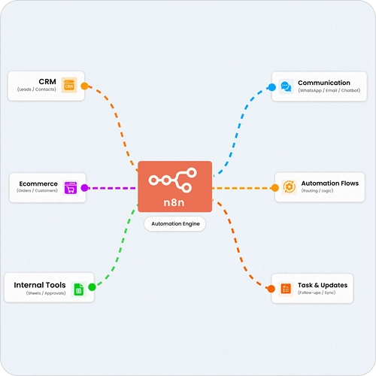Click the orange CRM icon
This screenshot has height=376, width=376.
click(69, 85)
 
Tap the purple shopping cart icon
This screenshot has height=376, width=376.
click(71, 187)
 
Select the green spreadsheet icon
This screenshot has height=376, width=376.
click(79, 290)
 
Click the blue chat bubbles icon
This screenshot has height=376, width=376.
click(286, 86)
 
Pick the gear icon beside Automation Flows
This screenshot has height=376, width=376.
click(289, 187)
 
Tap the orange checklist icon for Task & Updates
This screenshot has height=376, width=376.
click(286, 289)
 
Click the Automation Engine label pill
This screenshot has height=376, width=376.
click(175, 224)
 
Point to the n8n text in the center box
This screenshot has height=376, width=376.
click(174, 202)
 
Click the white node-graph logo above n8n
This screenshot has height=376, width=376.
click(173, 180)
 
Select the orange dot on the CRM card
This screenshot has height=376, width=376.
click(85, 86)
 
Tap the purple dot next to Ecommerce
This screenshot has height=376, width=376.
click(85, 188)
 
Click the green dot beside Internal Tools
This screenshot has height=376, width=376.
click(92, 287)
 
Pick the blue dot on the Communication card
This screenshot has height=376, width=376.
click(272, 87)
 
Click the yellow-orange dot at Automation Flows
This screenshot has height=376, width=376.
click(275, 188)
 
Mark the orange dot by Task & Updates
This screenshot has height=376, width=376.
click(271, 289)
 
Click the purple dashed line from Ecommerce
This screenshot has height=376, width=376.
click(112, 188)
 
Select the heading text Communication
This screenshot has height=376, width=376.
click(324, 83)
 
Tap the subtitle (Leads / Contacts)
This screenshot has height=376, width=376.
click(37, 89)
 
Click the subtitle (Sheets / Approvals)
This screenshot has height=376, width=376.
click(46, 293)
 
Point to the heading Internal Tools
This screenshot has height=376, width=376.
click(40, 285)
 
